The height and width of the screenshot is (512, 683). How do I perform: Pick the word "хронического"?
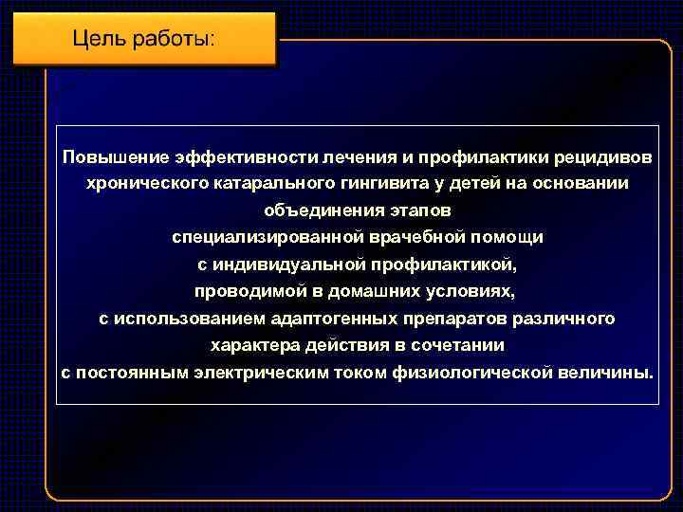tap(141, 181)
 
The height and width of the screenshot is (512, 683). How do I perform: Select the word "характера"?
tap(249, 345)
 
